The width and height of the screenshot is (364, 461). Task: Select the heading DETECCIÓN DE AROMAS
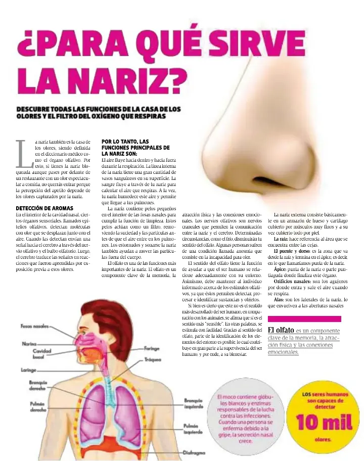click(44, 208)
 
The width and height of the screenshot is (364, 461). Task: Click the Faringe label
click(152, 348)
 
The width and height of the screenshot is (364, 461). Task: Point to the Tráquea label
click(152, 360)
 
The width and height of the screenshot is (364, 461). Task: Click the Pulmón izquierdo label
click(194, 429)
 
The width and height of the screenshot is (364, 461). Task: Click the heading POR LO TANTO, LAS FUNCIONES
click(135, 147)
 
